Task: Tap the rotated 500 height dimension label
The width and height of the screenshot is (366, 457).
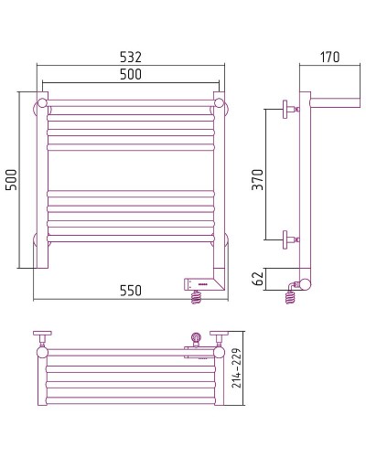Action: (x=11, y=180)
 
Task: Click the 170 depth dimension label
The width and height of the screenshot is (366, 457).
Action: (x=329, y=57)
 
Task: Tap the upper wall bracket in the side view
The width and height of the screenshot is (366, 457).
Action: (x=290, y=109)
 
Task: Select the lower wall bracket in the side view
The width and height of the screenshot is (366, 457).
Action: (x=290, y=239)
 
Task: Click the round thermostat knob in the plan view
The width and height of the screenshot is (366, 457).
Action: (x=194, y=337)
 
